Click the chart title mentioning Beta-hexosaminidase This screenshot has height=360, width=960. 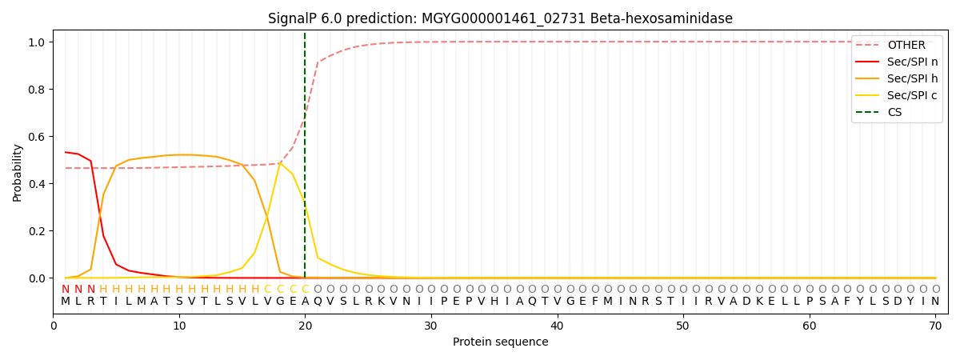coord(500,18)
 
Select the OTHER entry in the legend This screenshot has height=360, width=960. coord(906,45)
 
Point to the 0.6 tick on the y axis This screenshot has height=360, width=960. coord(38,137)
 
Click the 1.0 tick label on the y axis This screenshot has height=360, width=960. coord(38,42)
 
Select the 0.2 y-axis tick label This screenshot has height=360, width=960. coord(38,231)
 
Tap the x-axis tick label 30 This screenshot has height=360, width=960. coord(431,326)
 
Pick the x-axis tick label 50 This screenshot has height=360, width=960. coord(682,326)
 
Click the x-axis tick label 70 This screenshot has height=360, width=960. coord(934,326)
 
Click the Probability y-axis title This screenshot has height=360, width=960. coord(17,172)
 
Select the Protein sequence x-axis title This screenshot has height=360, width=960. coord(500,342)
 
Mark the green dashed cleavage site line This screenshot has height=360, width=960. coord(305,160)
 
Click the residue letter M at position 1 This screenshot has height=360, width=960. coord(66,302)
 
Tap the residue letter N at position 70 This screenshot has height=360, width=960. coord(934,302)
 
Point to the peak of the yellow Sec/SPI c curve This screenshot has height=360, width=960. coord(280,162)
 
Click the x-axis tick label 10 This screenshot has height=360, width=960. coord(179,326)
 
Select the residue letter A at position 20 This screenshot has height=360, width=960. coord(305,302)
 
